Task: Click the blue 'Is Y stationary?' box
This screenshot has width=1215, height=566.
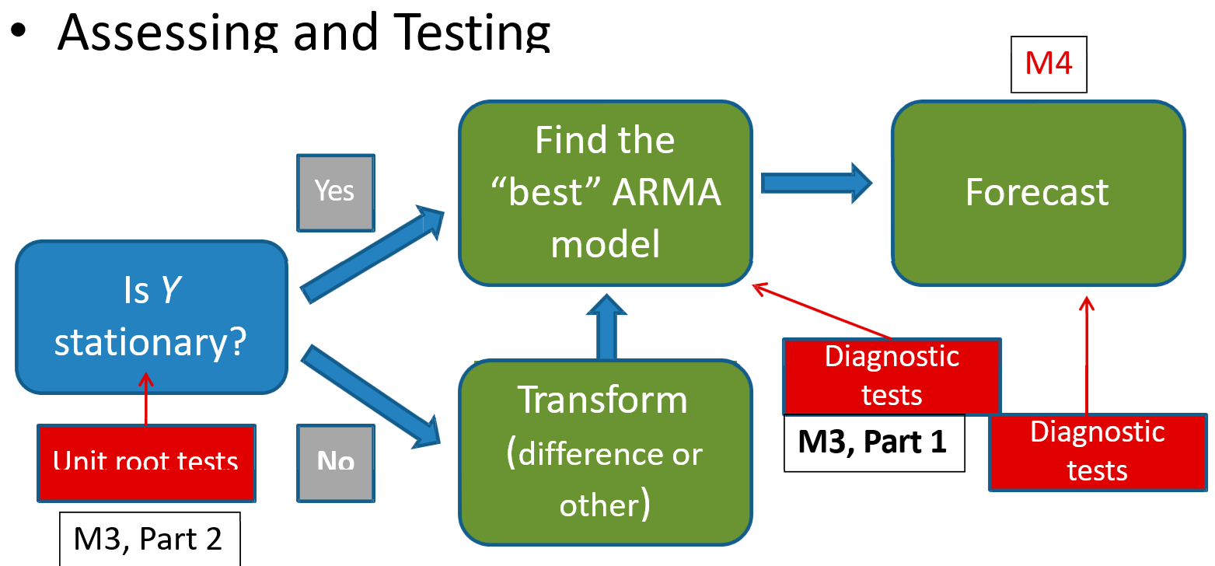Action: pos(152,316)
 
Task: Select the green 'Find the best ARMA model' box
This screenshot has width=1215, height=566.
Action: pos(605,193)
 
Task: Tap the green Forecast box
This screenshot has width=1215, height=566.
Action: pos(1037,193)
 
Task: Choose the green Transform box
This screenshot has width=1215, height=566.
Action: pos(605,452)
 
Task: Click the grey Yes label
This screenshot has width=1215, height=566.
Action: pos(335,191)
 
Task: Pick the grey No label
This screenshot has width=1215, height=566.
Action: pos(336,463)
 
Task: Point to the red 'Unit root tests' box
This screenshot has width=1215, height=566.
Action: pos(146,463)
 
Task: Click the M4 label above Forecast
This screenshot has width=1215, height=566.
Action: pos(1048,64)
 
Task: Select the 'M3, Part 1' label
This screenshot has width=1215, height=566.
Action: pos(873,442)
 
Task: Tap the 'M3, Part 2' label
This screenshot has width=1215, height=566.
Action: pos(149,539)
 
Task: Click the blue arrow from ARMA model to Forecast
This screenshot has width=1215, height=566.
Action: pos(816,183)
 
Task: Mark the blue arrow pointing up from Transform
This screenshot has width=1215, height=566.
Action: pos(606,327)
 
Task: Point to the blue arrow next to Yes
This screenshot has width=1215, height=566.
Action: pos(372,254)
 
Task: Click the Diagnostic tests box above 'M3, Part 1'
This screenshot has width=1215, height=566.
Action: pos(892,376)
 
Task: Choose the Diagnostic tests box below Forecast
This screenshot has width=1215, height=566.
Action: pos(1097,452)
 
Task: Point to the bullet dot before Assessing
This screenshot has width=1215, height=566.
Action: pos(19,31)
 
